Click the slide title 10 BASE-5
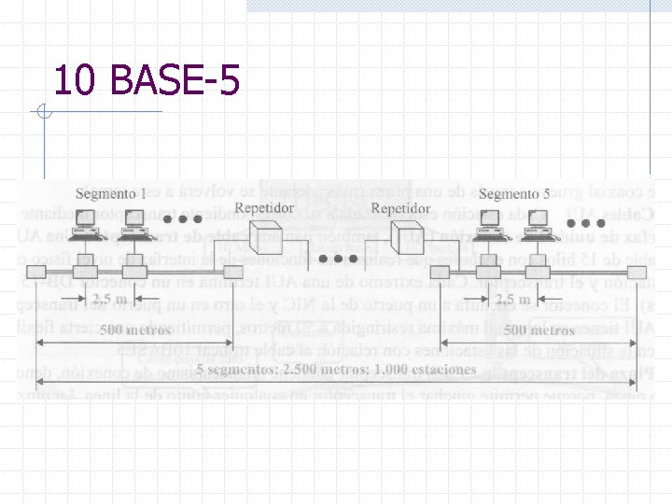pyautogui.click(x=147, y=80)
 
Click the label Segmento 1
pyautogui.click(x=110, y=194)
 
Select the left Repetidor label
pyautogui.click(x=264, y=207)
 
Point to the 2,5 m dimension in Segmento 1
pyautogui.click(x=116, y=298)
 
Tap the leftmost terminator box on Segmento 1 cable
pyautogui.click(x=35, y=273)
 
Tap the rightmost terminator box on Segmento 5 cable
pyautogui.click(x=635, y=273)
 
